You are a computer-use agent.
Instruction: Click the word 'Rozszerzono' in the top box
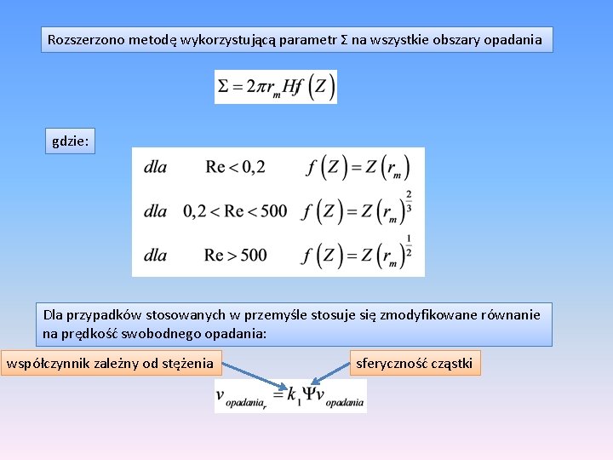click(x=83, y=39)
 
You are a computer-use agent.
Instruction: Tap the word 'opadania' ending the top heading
click(x=515, y=39)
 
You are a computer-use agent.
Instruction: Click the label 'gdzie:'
click(x=70, y=142)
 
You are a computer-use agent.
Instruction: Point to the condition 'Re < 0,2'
click(x=235, y=167)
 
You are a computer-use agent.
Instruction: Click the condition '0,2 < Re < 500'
click(x=235, y=210)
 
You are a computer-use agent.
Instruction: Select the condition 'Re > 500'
click(x=235, y=255)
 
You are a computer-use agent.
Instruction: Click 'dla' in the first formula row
click(x=156, y=167)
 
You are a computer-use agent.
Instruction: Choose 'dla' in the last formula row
click(x=156, y=255)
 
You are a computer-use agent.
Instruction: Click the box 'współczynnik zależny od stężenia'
click(x=110, y=365)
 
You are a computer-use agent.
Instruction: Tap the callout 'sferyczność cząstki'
click(x=415, y=365)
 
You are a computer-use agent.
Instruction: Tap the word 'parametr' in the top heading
click(x=307, y=39)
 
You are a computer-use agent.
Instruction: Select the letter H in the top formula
click(x=292, y=86)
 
